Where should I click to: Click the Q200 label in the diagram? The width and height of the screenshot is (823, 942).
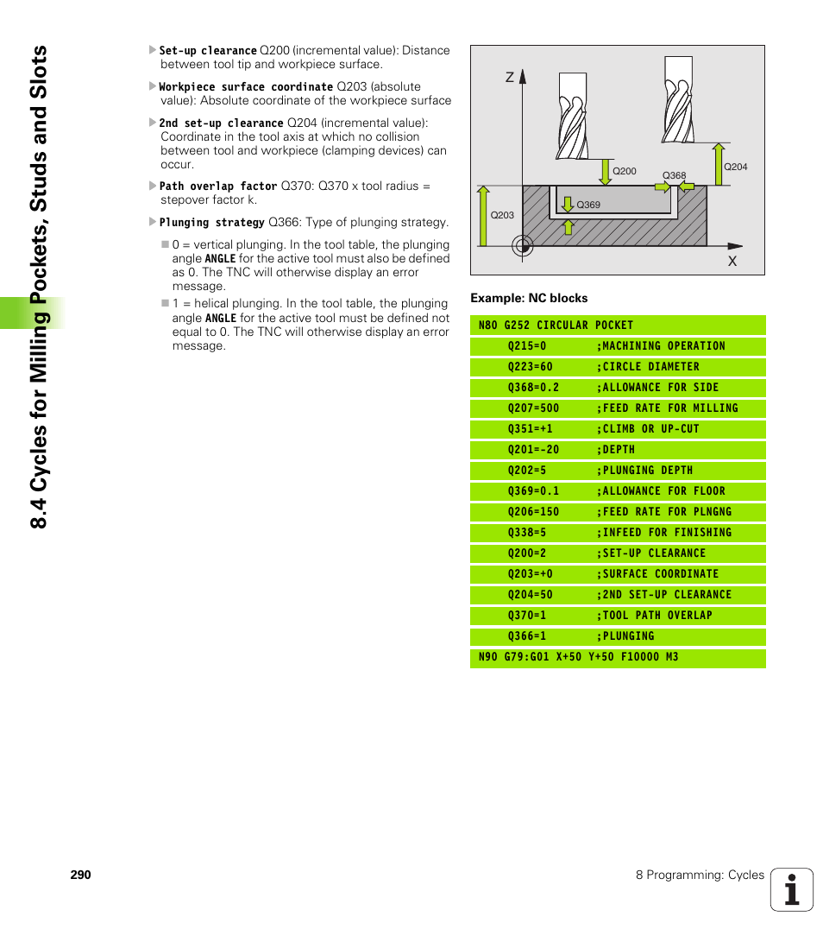[x=624, y=171]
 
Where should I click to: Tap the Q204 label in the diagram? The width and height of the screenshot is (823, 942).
[x=735, y=167]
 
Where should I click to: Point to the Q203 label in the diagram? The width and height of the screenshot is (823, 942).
[x=502, y=215]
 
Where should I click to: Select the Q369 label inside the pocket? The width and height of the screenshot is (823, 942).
[x=588, y=205]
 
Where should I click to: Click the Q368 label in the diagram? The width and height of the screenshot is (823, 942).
[x=674, y=175]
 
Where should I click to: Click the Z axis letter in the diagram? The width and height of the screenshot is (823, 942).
[x=510, y=78]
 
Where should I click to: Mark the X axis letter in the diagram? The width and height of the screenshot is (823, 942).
[x=732, y=260]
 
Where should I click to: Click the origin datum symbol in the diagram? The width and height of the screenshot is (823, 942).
[x=522, y=246]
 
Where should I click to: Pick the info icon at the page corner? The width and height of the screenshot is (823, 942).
[x=791, y=890]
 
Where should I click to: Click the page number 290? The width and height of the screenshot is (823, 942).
[x=80, y=875]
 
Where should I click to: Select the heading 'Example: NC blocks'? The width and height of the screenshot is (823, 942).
[x=529, y=298]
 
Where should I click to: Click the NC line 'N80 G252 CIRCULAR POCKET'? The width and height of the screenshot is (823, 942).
[x=556, y=326]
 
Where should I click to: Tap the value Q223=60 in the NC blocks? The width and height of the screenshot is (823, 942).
[x=530, y=367]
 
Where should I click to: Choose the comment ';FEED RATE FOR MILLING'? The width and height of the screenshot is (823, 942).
[x=667, y=408]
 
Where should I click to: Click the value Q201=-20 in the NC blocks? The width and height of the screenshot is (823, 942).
[x=533, y=450]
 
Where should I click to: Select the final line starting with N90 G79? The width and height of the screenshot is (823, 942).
[x=578, y=657]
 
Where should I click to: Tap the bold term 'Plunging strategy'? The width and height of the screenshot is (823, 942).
[x=211, y=222]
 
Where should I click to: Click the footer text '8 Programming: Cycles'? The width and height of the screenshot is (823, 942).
[x=700, y=875]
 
